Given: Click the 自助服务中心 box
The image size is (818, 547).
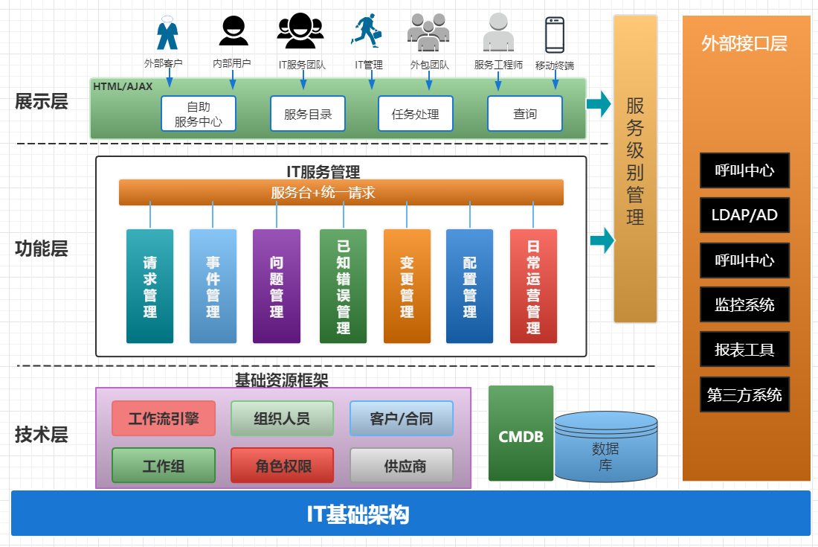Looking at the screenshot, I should (x=198, y=114).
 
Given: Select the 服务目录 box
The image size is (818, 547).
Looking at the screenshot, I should (x=307, y=114).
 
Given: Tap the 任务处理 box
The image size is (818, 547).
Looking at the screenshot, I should (x=415, y=114).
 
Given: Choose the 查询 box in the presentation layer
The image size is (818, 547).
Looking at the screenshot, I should (x=524, y=114).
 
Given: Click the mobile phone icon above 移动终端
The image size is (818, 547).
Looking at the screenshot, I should (x=555, y=34).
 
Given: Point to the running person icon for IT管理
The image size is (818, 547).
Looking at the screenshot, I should (x=367, y=32).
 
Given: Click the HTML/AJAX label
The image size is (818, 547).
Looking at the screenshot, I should (x=123, y=86).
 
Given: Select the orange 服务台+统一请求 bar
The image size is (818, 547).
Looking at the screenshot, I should (x=341, y=193).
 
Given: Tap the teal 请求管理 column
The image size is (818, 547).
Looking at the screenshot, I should (x=149, y=287).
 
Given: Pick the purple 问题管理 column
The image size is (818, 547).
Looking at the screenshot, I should (x=277, y=287).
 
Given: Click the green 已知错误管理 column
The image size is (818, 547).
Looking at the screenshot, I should (x=343, y=287).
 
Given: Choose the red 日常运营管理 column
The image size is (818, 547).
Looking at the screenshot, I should (x=533, y=287).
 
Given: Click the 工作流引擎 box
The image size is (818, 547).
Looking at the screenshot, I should (x=164, y=418).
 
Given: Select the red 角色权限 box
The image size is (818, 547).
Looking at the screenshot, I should (x=283, y=466).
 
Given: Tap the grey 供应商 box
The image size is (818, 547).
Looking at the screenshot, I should (x=402, y=466).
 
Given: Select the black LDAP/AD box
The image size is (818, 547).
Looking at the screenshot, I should (x=744, y=215).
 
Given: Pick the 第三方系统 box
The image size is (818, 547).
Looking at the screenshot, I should (x=744, y=394).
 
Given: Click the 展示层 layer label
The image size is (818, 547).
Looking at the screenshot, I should (x=42, y=101).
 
